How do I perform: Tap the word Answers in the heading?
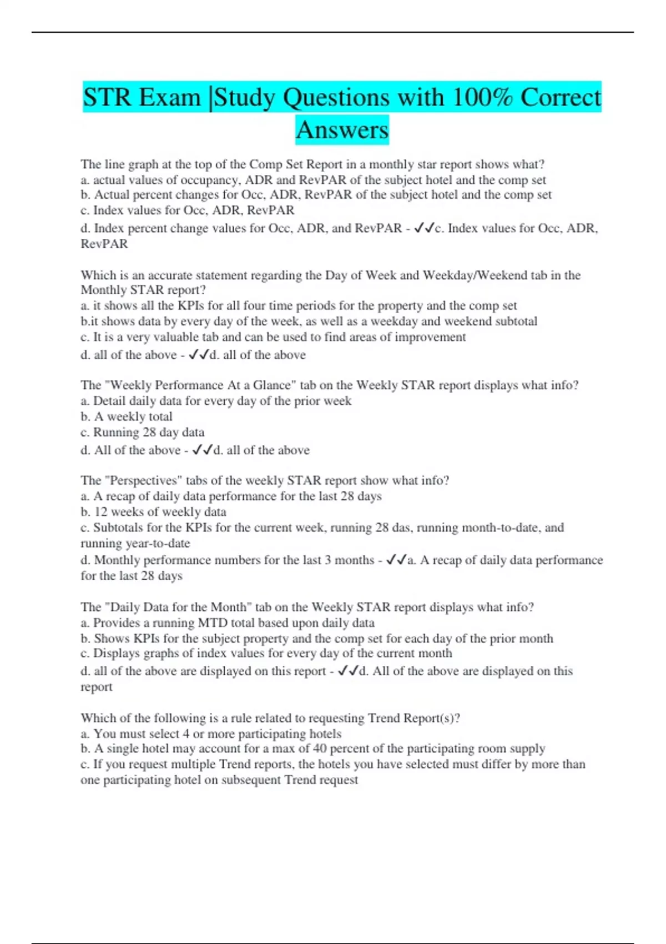[x=342, y=130]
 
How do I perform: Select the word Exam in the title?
[x=170, y=98]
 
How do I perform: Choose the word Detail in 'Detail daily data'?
[x=109, y=401]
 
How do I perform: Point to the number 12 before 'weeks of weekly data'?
[x=101, y=512]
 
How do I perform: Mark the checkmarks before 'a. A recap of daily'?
[x=396, y=560]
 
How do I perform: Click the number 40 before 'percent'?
[x=320, y=749]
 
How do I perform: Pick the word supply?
[x=527, y=749]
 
